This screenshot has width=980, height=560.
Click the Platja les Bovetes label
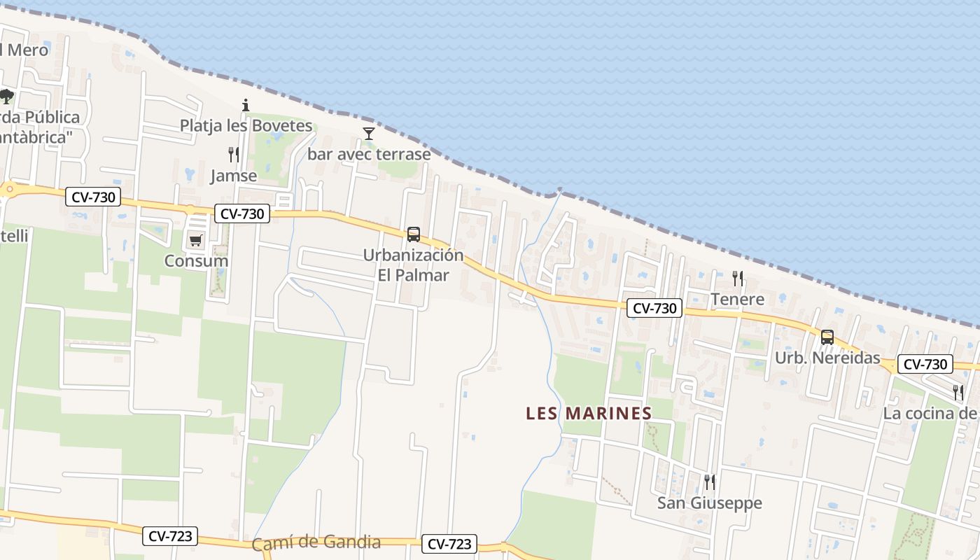click(246, 126)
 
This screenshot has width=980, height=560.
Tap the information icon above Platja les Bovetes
click(246, 106)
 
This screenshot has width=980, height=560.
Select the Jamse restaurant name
click(234, 176)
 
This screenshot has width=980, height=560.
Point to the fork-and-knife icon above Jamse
click(234, 155)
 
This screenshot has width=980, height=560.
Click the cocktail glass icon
click(369, 134)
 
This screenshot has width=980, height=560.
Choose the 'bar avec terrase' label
click(369, 154)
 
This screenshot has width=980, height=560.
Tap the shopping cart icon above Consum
click(195, 241)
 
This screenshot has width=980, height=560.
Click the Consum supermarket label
click(196, 261)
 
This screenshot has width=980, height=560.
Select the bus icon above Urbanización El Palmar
click(414, 234)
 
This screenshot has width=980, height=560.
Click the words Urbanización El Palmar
click(413, 265)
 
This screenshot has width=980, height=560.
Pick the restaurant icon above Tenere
click(738, 279)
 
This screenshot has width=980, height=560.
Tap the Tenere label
click(738, 300)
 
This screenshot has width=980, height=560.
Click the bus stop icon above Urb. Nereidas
click(827, 337)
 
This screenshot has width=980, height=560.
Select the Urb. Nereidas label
click(827, 358)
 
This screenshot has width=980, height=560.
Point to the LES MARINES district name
click(589, 414)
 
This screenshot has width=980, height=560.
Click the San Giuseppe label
click(709, 503)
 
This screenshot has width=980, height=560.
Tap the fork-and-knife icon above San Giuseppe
click(709, 482)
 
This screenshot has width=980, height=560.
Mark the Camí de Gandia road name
click(316, 542)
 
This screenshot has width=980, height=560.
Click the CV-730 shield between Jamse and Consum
click(242, 214)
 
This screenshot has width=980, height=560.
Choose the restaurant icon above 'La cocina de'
click(958, 393)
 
